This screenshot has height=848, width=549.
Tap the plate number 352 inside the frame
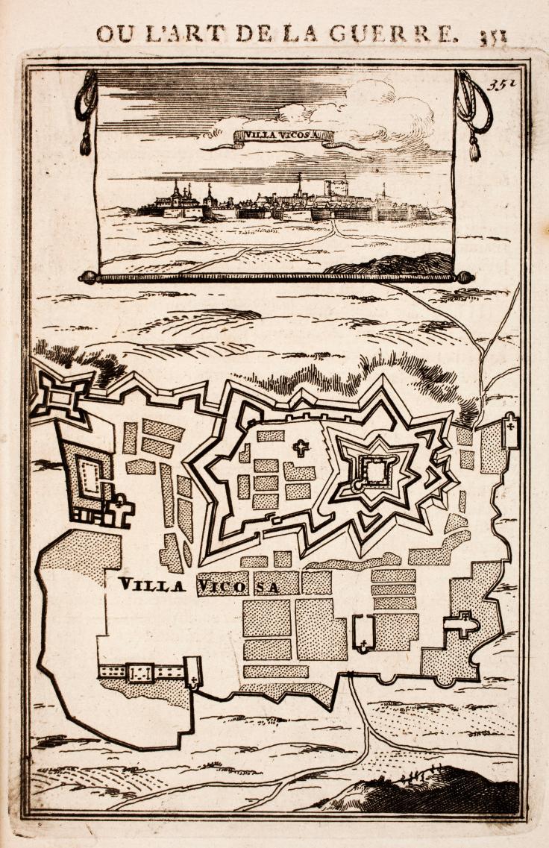point(502,84)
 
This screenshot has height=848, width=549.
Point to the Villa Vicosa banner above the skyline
point(283,136)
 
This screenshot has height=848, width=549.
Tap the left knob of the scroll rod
point(89,277)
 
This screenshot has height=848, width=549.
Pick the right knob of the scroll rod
point(465,277)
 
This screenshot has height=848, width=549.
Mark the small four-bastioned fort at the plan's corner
point(62,395)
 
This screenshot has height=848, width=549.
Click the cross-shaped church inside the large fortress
point(301,448)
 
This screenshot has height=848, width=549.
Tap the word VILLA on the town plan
point(151,585)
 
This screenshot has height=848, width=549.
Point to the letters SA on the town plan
point(268,587)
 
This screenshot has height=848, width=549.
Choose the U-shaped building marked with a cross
point(363,632)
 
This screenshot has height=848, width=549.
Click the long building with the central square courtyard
point(141,672)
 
